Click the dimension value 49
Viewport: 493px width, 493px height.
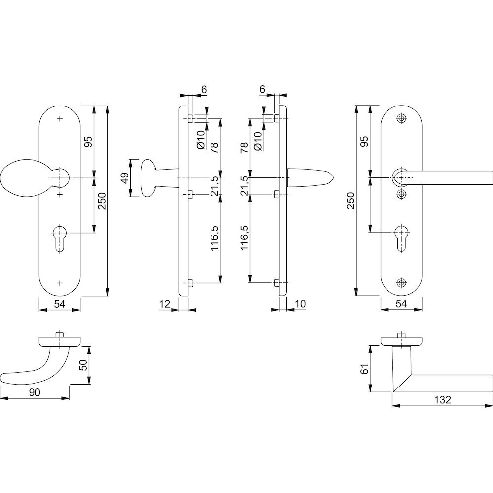(x=125, y=178)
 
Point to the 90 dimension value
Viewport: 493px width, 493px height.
(x=35, y=392)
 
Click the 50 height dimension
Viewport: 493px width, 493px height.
(x=83, y=365)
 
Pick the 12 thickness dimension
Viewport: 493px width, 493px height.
(x=164, y=304)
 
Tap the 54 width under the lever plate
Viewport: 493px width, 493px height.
(x=401, y=304)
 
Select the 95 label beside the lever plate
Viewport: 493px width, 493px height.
(x=364, y=142)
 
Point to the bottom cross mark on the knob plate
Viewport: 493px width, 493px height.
(x=60, y=283)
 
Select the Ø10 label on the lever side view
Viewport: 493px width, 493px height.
(x=257, y=141)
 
